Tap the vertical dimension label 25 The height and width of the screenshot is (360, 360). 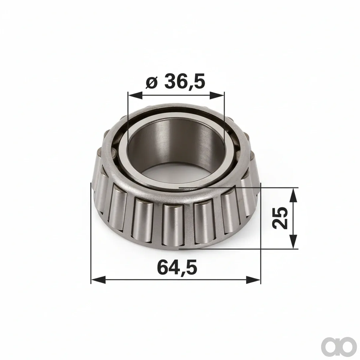[280, 218]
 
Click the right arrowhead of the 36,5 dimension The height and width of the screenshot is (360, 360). [217, 95]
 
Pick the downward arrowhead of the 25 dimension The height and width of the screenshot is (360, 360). [293, 241]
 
